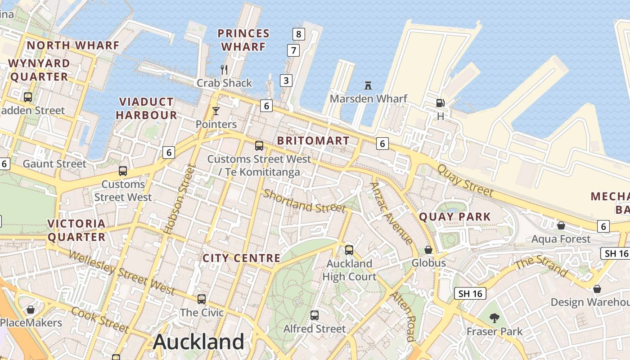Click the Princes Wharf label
pyautogui.click(x=243, y=40)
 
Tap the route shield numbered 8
pyautogui.click(x=298, y=34)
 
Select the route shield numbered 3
pyautogui.click(x=286, y=81)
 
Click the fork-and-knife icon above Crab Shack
pyautogui.click(x=224, y=69)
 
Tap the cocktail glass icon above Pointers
pyautogui.click(x=216, y=111)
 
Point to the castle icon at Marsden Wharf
pyautogui.click(x=368, y=85)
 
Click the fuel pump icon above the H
pyautogui.click(x=440, y=103)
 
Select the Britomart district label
pyautogui.click(x=313, y=140)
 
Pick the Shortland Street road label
pyautogui.click(x=304, y=201)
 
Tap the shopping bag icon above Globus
pyautogui.click(x=428, y=249)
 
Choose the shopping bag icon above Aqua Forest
pyautogui.click(x=561, y=225)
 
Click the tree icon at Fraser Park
pyautogui.click(x=495, y=318)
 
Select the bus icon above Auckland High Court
pyautogui.click(x=349, y=250)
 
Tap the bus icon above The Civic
pyautogui.click(x=202, y=299)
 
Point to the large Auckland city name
pyautogui.click(x=198, y=342)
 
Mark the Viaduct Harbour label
pyautogui.click(x=146, y=108)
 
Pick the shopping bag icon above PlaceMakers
pyautogui.click(x=31, y=310)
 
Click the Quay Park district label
pyautogui.click(x=455, y=217)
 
